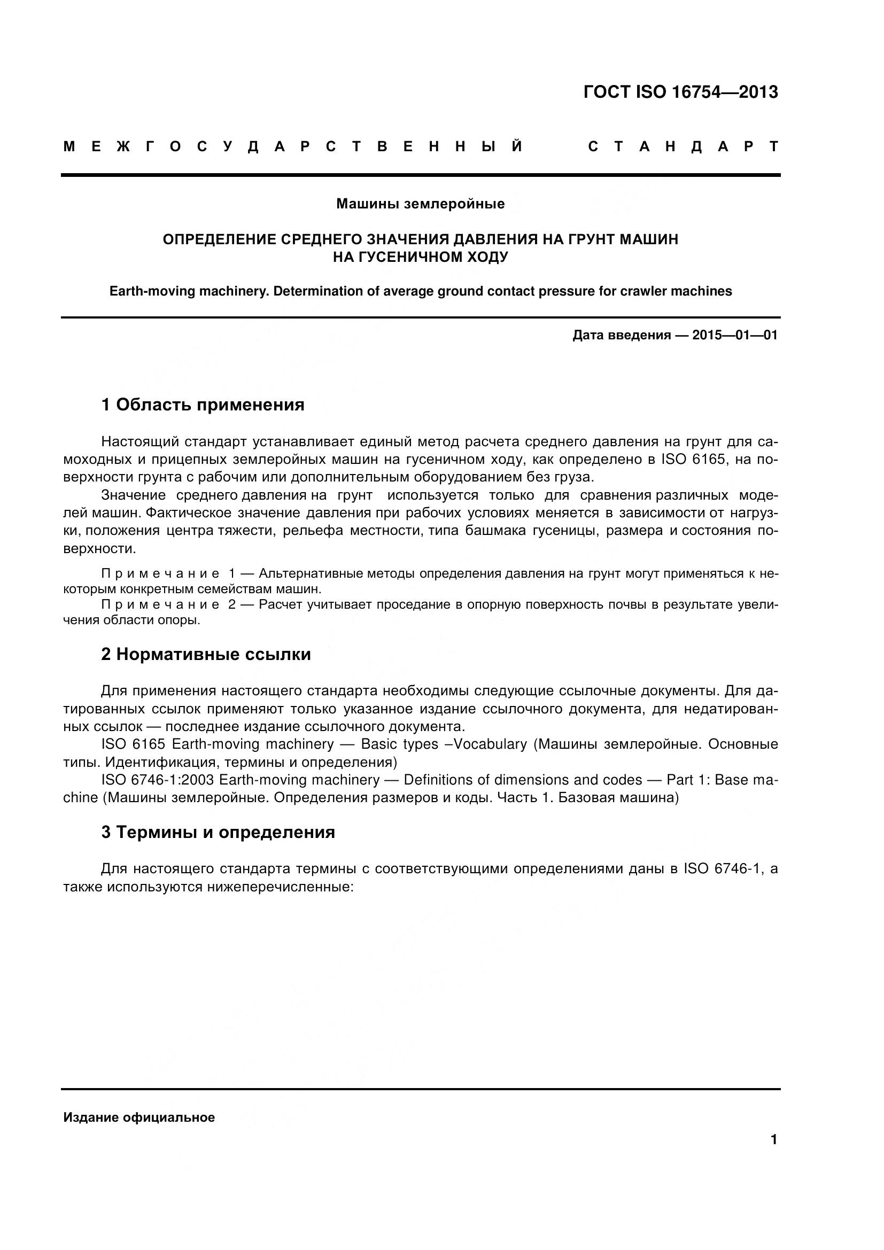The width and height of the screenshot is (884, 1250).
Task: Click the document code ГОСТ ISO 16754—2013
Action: coord(680,92)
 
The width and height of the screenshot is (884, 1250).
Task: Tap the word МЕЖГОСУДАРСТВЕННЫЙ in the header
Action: coord(294,147)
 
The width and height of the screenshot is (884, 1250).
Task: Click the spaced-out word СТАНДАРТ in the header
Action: coord(683,147)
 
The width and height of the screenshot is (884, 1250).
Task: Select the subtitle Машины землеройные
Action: coord(420,204)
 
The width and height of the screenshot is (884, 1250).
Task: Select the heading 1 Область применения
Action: coord(203,405)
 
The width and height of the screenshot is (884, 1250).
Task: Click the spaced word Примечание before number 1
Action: coord(160,574)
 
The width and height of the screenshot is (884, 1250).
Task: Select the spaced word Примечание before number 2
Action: coord(160,605)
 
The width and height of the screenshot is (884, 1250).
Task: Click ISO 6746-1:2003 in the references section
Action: coord(158,780)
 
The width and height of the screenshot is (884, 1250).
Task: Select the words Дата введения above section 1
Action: coord(621,336)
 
